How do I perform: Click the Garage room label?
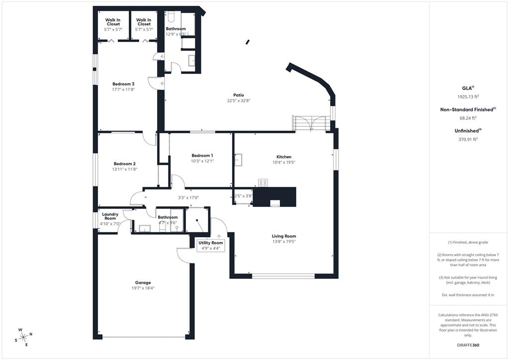click(143, 282)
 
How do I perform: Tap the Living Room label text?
click(284, 236)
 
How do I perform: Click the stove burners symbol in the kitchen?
click(263, 182)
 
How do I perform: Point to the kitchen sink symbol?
click(239, 159)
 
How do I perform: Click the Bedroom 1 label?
click(188, 156)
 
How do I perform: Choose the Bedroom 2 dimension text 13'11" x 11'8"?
click(124, 170)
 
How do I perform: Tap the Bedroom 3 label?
click(123, 84)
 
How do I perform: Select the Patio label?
click(239, 95)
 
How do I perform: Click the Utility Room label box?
click(211, 245)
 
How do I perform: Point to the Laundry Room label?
click(110, 216)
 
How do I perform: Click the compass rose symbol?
click(23, 337)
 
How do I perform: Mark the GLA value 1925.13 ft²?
click(468, 97)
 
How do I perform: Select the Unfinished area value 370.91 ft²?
click(468, 140)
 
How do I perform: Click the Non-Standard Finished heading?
click(467, 109)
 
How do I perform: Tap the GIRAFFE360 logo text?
click(468, 345)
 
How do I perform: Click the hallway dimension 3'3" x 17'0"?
click(188, 197)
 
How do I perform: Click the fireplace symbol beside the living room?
click(274, 202)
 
